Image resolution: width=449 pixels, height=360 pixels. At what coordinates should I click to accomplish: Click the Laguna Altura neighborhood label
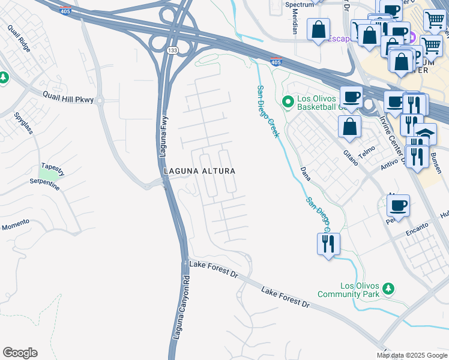(x=199, y=171)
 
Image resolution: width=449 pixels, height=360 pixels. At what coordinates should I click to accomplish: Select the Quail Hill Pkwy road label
(x=68, y=97)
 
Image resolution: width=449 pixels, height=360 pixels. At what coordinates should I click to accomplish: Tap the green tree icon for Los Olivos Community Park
(x=388, y=289)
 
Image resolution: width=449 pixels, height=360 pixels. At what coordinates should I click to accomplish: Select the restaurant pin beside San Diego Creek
(x=328, y=244)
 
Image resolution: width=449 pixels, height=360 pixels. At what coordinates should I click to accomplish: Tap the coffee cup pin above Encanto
(x=398, y=206)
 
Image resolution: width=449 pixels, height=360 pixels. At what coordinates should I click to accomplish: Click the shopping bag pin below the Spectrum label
(x=318, y=29)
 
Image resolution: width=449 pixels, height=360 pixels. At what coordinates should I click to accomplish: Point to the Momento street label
(x=15, y=225)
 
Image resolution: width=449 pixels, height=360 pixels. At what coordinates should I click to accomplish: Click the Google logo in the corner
(x=20, y=353)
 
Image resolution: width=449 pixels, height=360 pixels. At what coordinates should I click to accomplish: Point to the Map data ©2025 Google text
(x=412, y=355)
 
